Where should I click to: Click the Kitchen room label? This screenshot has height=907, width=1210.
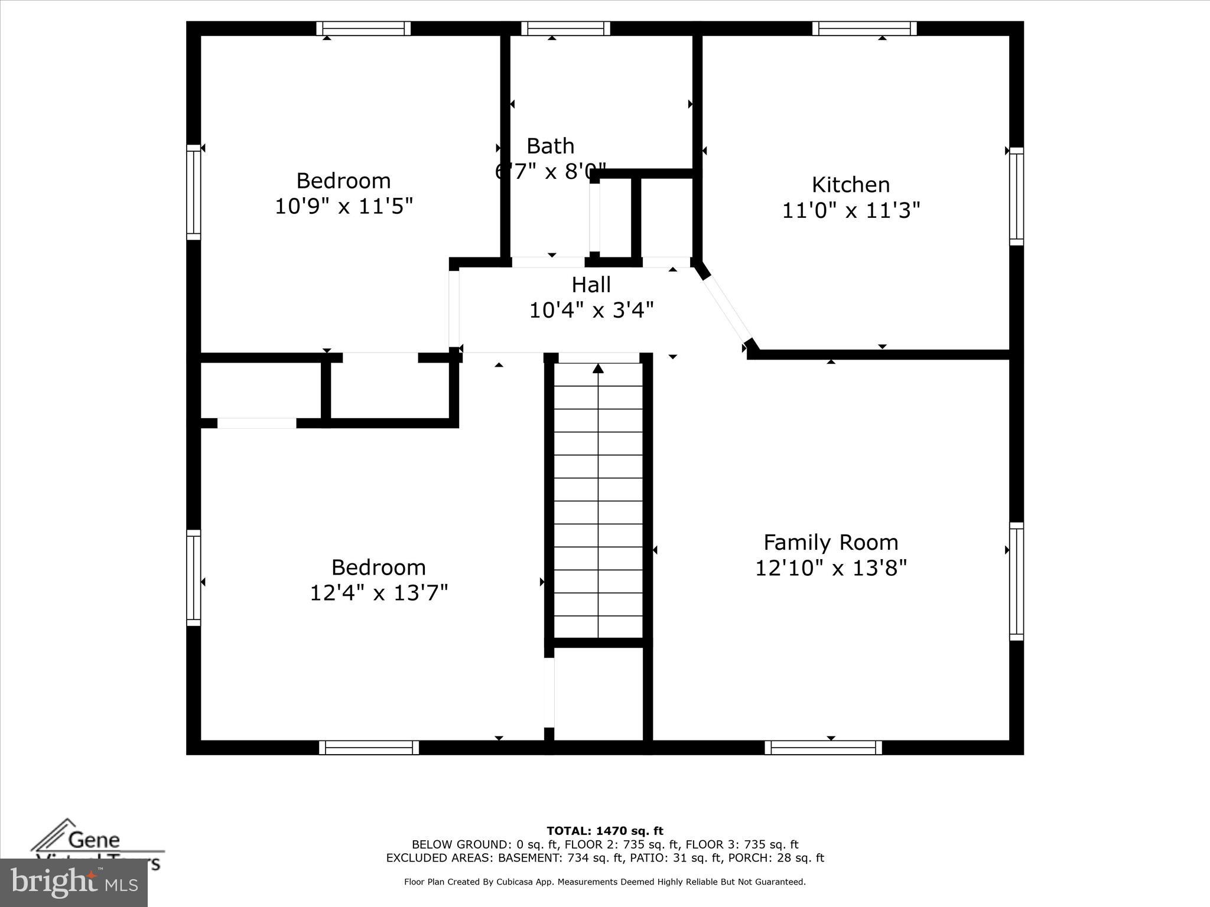coord(850,185)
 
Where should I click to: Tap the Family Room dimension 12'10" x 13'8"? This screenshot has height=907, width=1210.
coord(831,568)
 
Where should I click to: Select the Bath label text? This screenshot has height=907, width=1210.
coord(550,146)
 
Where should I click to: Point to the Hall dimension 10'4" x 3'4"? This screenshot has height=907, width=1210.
coord(591,310)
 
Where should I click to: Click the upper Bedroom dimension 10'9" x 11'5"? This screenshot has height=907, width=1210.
coord(343,207)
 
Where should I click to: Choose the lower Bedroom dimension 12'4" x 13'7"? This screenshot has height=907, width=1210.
coord(379,592)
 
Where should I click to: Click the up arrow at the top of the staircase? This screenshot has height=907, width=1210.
coord(598,368)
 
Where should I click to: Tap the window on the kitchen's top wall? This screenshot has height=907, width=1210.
coord(864,28)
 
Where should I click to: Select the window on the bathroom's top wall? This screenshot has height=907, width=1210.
coord(565,28)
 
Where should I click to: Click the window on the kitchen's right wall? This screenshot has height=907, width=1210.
coord(1016,196)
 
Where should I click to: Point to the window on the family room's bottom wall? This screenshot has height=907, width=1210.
coord(823,748)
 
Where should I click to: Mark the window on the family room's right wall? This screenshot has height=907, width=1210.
coord(1016,581)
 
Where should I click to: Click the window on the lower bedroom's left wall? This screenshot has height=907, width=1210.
coord(194,578)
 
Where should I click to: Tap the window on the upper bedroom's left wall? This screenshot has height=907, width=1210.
coord(194,193)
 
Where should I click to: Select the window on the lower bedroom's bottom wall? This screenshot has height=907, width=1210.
coord(369,748)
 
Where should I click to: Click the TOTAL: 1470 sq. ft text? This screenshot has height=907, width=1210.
coord(604,831)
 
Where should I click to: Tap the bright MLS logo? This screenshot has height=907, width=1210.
coord(74,882)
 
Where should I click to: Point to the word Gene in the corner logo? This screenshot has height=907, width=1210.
coord(94,839)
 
